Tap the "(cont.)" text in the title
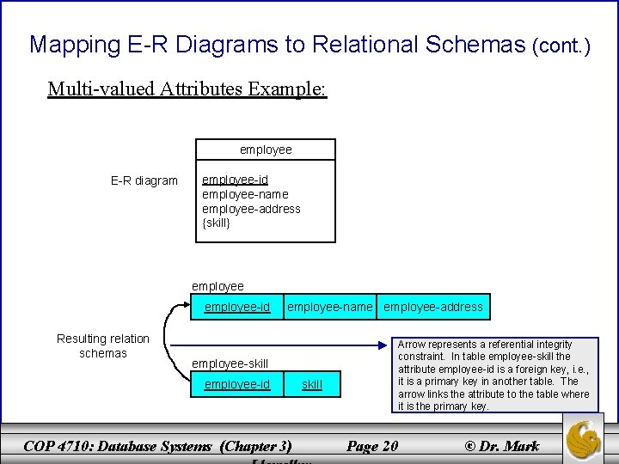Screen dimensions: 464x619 (561, 46)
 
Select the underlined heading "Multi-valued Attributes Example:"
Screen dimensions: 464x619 (187, 89)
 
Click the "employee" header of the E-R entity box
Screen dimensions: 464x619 (266, 150)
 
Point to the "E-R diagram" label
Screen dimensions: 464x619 (144, 180)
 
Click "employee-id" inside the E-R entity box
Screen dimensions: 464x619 (235, 180)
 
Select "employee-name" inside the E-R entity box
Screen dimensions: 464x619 (245, 194)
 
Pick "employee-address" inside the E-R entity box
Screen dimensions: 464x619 (251, 209)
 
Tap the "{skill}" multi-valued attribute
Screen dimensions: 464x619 (217, 223)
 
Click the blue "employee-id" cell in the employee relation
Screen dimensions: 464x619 (237, 307)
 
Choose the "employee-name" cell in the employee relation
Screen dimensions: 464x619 (330, 307)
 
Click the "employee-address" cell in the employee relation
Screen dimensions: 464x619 (433, 307)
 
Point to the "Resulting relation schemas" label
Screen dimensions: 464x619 (103, 345)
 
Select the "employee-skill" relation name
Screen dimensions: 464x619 (230, 363)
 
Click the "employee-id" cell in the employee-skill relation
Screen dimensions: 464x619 (237, 384)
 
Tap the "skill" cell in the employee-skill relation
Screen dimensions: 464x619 (312, 384)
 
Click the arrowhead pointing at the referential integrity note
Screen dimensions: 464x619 (385, 346)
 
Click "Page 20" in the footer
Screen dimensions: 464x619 (371, 446)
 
